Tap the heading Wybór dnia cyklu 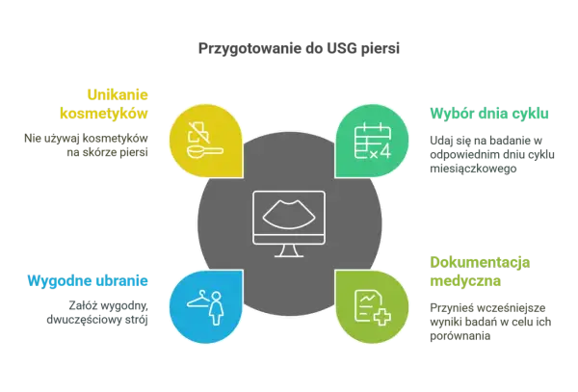click(x=489, y=114)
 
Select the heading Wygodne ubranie click(x=88, y=281)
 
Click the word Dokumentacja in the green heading click(x=480, y=263)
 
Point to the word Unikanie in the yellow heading click(x=118, y=95)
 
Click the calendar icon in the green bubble click(x=372, y=142)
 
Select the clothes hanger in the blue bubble click(x=199, y=300)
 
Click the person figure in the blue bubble click(x=217, y=309)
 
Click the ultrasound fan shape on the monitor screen click(x=289, y=215)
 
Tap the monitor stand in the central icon click(x=289, y=250)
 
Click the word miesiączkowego click(x=473, y=169)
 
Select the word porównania click(x=460, y=336)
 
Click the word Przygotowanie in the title click(x=250, y=49)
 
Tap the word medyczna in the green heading click(x=465, y=281)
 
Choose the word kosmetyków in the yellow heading click(x=104, y=114)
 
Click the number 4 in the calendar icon click(x=384, y=151)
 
